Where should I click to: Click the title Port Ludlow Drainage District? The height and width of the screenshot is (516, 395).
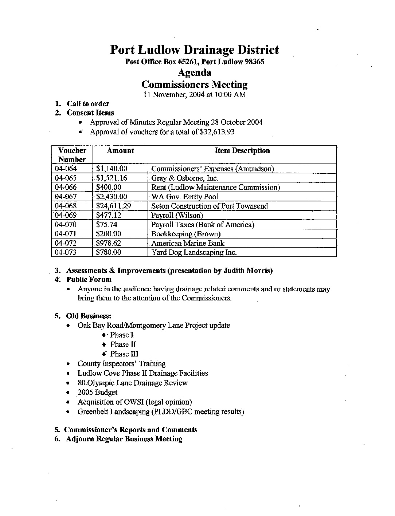194,50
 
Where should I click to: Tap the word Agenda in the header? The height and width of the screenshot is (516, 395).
194,72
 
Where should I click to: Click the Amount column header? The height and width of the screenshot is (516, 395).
120,151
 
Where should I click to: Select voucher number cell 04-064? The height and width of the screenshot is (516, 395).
66,169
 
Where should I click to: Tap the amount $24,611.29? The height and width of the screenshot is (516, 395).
113,206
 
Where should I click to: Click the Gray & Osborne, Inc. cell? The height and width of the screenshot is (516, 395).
185,178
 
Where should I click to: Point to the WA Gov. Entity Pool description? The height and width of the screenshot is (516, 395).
185,197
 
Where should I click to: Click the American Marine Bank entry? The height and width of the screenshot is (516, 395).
188,243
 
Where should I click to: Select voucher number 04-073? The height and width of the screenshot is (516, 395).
66,252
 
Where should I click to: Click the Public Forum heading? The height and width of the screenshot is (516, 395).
89,280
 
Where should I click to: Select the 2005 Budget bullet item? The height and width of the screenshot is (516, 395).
97,393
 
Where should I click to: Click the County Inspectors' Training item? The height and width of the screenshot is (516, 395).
121,364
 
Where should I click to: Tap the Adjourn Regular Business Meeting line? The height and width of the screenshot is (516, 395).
124,439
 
